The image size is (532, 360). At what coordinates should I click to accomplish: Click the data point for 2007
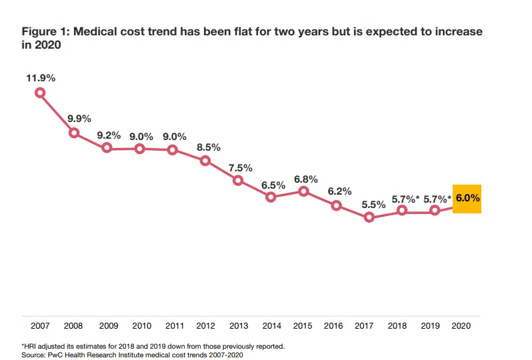(41, 93)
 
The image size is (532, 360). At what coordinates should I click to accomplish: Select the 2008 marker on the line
(74, 133)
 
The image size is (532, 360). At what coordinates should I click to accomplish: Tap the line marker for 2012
(205, 161)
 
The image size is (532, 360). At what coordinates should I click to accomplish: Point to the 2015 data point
(303, 191)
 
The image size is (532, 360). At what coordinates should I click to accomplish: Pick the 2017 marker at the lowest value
(369, 217)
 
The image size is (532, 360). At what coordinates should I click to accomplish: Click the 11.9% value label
(41, 78)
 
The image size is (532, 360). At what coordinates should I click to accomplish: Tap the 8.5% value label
(208, 147)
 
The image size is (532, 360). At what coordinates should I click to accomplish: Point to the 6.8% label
(306, 179)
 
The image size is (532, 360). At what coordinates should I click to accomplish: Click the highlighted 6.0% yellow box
(467, 199)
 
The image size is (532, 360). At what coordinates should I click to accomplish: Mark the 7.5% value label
(239, 167)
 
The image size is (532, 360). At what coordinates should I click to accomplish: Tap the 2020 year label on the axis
(461, 326)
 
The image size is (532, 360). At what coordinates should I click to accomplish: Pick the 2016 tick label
(333, 326)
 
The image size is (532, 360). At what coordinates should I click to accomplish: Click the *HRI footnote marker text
(31, 346)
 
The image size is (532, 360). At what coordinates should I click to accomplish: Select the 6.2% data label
(339, 191)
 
